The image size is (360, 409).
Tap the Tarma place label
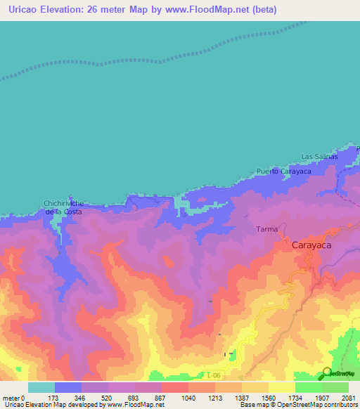(x=266, y=229)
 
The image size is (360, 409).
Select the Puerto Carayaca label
(x=282, y=171)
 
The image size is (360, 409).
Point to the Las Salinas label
(x=320, y=156)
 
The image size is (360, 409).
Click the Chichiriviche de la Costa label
(x=63, y=207)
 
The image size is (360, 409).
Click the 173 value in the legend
(x=55, y=398)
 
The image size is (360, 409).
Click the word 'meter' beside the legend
(x=11, y=398)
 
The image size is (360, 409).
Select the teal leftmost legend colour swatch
(x=41, y=387)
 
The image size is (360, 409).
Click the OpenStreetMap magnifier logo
(x=326, y=372)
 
